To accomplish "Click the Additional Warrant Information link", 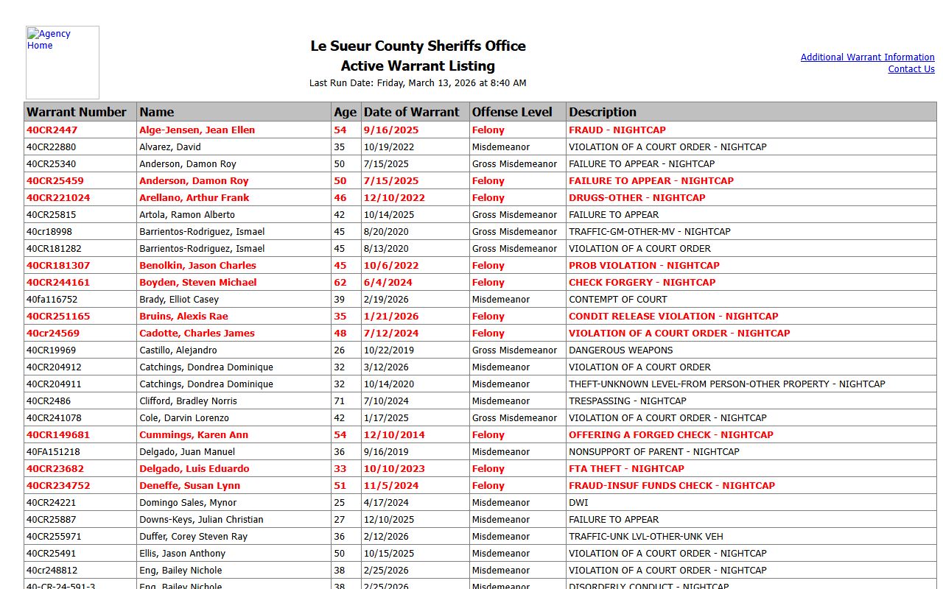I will [x=867, y=57].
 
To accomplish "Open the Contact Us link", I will [x=911, y=69].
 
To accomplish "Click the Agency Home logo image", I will [x=63, y=63].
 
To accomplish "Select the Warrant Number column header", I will [x=77, y=112].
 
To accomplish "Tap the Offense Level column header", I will [x=512, y=112].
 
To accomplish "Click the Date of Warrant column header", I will [x=411, y=112].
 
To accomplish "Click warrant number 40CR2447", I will [x=52, y=130].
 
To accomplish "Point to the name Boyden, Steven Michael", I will [x=197, y=283].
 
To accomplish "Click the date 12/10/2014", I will [x=394, y=435].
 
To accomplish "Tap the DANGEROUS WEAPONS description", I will [x=620, y=350].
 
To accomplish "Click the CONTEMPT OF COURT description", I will [x=617, y=300].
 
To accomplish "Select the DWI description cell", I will [x=578, y=503].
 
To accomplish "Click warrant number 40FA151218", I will [x=53, y=452].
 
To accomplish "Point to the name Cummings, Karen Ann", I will [x=194, y=435].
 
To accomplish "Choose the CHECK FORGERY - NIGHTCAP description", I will [x=642, y=283].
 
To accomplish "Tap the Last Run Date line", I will [x=418, y=83].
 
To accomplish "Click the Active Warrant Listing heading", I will [x=418, y=66].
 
